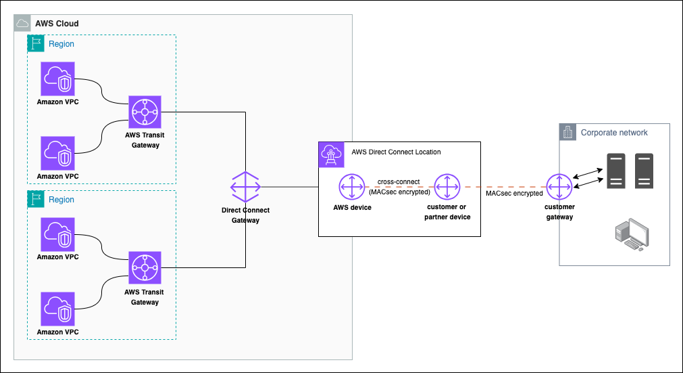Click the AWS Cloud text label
click(x=57, y=24)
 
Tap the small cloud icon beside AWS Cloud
click(x=22, y=24)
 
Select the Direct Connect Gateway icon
click(x=245, y=187)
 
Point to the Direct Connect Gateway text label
click(x=245, y=215)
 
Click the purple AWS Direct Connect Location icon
click(x=331, y=155)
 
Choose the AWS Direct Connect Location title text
click(x=396, y=152)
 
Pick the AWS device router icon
click(x=352, y=187)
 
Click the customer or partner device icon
click(x=447, y=187)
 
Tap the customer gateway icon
click(x=559, y=187)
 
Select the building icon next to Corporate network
click(x=568, y=133)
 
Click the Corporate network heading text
click(x=614, y=133)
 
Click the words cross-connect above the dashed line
click(x=399, y=182)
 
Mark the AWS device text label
click(x=352, y=208)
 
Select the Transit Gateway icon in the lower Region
click(x=145, y=268)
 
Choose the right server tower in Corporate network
click(x=644, y=171)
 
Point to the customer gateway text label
click(x=559, y=212)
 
